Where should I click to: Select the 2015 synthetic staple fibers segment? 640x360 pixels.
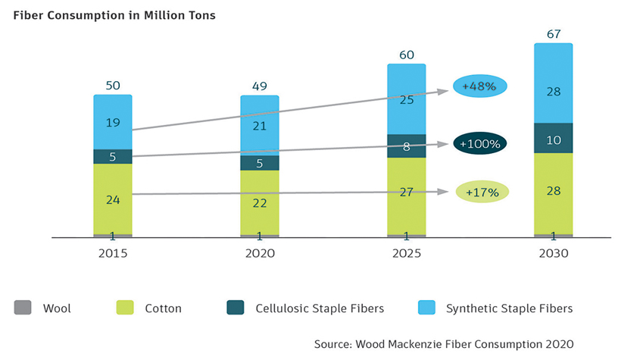tap(113, 121)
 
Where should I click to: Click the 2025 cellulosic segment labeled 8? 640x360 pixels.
tap(407, 146)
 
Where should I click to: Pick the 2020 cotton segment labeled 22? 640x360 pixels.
tap(260, 202)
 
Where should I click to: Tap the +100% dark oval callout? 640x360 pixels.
tap(480, 142)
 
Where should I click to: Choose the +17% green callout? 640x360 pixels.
tap(482, 192)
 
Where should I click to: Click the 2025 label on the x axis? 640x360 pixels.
tap(407, 254)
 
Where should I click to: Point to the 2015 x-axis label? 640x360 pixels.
tap(113, 254)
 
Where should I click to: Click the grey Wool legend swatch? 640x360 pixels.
tap(23, 308)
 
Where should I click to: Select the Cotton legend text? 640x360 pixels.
tap(162, 308)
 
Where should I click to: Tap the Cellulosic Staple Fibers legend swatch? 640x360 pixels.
tap(236, 308)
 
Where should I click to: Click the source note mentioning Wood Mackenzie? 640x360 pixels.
tap(444, 343)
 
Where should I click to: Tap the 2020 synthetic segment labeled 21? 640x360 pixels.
tap(260, 126)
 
